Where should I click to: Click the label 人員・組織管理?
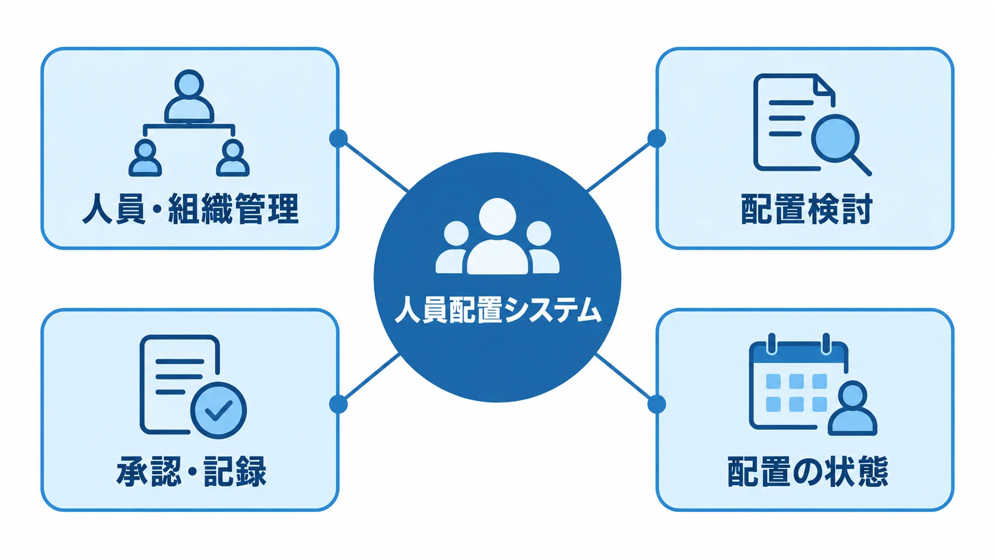(190, 209)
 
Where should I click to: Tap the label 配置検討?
(806, 209)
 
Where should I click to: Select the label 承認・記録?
(191, 471)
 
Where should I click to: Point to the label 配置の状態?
(807, 471)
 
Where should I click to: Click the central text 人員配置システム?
(498, 309)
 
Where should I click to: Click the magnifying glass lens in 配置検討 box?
(836, 138)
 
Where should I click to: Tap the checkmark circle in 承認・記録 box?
(218, 411)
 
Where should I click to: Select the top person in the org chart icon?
(189, 96)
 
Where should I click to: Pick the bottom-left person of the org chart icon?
(145, 158)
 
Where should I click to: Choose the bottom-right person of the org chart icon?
(233, 158)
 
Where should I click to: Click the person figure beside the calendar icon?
(852, 408)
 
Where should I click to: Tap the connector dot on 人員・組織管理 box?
(339, 139)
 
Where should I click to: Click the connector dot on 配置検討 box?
(656, 139)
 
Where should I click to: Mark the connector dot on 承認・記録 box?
(339, 404)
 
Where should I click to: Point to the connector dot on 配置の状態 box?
(656, 404)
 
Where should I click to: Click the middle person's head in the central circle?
(498, 217)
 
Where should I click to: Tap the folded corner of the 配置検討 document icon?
(824, 85)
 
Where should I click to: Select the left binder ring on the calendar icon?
(772, 344)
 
